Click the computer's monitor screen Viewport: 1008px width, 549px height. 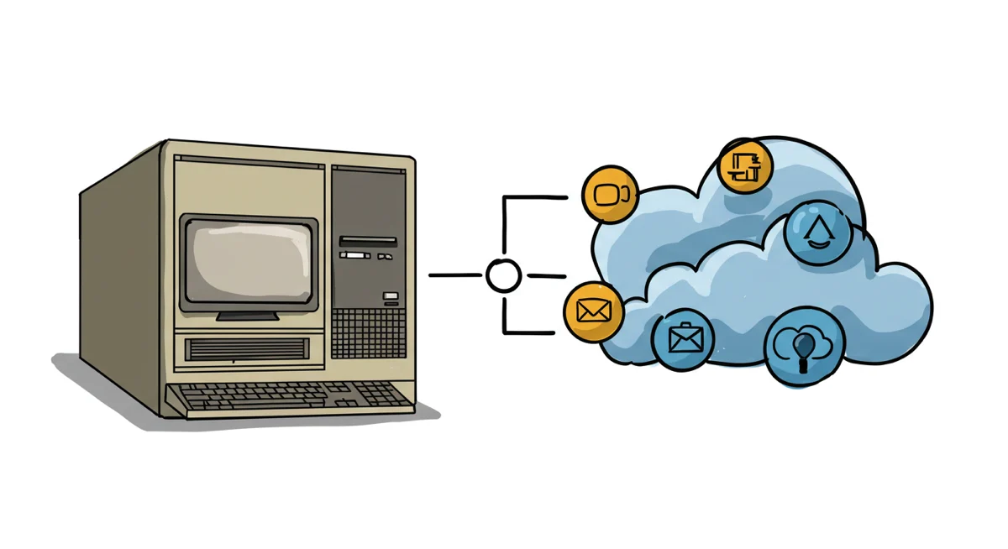click(249, 261)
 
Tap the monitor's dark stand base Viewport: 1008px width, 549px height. click(248, 316)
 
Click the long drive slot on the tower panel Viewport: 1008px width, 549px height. click(367, 241)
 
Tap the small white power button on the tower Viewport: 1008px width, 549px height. click(389, 295)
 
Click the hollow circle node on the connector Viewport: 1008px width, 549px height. click(503, 275)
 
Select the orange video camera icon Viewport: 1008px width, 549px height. click(610, 195)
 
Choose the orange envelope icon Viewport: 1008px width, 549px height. click(593, 311)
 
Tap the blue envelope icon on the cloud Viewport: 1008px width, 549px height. click(683, 338)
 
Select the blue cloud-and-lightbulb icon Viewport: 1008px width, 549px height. click(802, 345)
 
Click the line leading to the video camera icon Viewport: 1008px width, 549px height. click(538, 197)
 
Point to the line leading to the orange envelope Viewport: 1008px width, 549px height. click(529, 332)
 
